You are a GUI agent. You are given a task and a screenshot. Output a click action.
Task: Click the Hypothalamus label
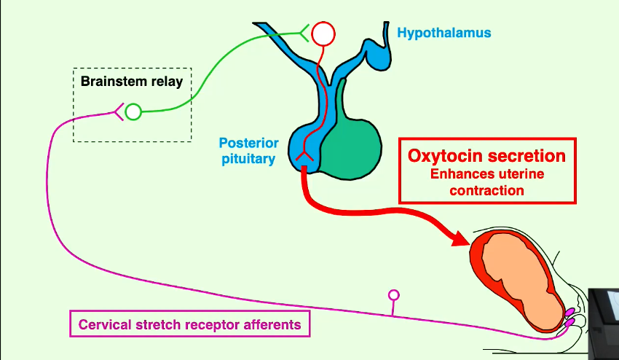[443, 33]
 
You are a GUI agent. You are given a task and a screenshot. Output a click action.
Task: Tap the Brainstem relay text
[132, 81]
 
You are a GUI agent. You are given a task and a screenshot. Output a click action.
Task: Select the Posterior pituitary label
[248, 150]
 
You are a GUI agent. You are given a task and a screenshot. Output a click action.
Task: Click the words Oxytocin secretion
[487, 156]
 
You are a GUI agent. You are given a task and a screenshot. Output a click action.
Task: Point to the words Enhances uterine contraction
[487, 182]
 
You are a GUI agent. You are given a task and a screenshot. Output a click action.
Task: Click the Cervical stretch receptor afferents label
[189, 324]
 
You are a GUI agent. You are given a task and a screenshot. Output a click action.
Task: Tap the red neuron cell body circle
[323, 33]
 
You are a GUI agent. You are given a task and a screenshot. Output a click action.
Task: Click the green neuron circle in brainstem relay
[133, 111]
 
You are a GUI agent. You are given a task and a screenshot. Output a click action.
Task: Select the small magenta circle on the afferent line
[394, 295]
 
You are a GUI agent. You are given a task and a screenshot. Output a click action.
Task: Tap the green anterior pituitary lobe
[353, 149]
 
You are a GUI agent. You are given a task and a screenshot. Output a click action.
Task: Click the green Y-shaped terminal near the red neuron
[304, 31]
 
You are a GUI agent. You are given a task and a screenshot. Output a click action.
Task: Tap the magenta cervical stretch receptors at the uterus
[567, 318]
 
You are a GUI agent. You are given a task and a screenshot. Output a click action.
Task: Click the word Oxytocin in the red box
[444, 156]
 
